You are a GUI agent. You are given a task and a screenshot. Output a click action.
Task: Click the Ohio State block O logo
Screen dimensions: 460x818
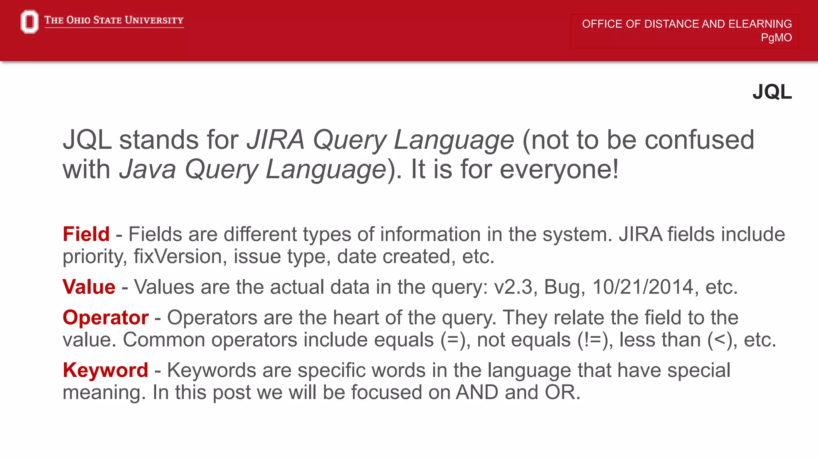pyautogui.click(x=30, y=22)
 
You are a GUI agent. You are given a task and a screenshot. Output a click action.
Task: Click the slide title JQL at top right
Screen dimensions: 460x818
pyautogui.click(x=772, y=92)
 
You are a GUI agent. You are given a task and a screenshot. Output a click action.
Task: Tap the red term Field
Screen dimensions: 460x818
pyautogui.click(x=86, y=234)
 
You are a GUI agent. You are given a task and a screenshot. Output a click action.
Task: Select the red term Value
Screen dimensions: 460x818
pyautogui.click(x=89, y=287)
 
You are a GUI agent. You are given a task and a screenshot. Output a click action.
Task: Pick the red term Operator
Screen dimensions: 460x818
pyautogui.click(x=105, y=318)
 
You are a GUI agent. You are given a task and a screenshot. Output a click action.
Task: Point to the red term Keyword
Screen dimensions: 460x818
pyautogui.click(x=105, y=370)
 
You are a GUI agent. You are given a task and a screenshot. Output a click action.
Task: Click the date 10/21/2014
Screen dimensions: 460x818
pyautogui.click(x=643, y=287)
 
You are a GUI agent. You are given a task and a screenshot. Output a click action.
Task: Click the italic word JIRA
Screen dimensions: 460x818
pyautogui.click(x=275, y=140)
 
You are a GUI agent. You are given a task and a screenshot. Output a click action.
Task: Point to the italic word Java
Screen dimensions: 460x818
pyautogui.click(x=147, y=169)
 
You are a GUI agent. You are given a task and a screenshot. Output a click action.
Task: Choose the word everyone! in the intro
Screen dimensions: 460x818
pyautogui.click(x=559, y=169)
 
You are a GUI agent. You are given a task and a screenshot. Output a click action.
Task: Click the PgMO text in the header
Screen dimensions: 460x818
pyautogui.click(x=776, y=38)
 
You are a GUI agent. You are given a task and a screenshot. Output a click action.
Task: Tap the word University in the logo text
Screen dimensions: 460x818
pyautogui.click(x=154, y=20)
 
